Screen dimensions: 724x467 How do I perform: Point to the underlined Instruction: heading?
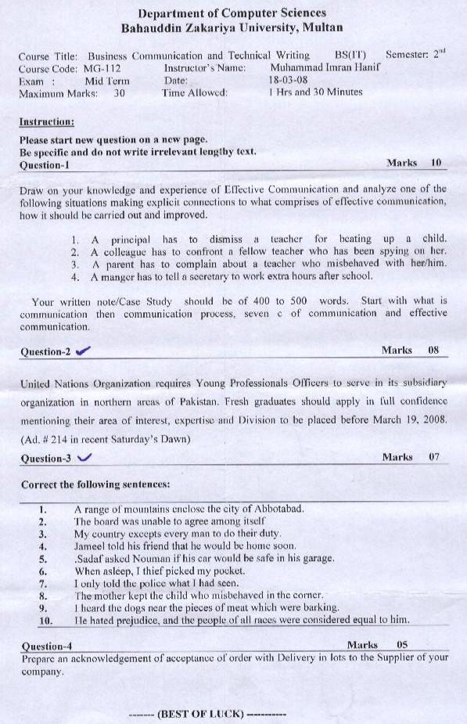47,122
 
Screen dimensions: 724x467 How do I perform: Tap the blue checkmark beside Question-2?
81,351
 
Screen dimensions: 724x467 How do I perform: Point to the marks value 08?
433,350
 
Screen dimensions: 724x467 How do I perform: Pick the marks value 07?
434,456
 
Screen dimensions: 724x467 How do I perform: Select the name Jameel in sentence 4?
91,546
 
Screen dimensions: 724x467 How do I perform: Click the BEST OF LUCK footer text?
202,715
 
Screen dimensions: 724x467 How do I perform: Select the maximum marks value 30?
119,92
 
